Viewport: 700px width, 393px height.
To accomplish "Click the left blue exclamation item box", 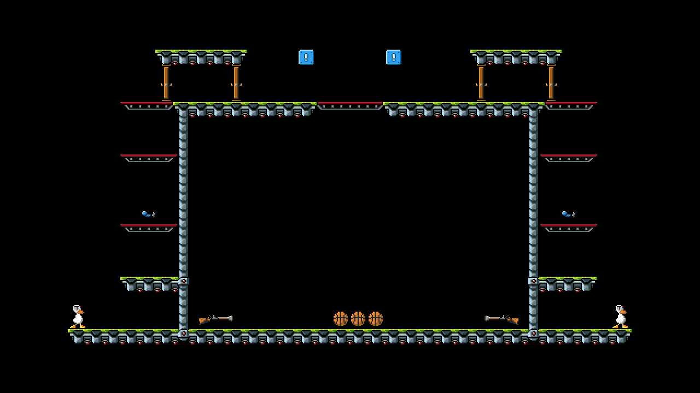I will click(306, 57).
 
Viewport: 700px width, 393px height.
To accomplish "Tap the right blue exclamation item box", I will click(394, 57).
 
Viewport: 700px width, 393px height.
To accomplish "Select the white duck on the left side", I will click(78, 317).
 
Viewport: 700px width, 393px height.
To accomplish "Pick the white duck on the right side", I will click(620, 317).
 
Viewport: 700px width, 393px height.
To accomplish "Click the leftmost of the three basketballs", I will click(340, 319).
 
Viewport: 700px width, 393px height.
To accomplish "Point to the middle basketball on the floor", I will click(358, 319).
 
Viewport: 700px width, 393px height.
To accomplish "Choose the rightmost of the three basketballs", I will click(375, 319).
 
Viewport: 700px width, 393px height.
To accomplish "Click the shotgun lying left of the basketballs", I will click(215, 319).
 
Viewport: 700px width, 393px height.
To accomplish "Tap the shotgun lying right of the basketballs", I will click(501, 319).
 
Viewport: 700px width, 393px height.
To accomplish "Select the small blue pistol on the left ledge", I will click(148, 215).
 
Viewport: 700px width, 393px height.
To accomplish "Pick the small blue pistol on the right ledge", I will click(568, 215).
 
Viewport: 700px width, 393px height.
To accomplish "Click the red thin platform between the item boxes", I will click(350, 105).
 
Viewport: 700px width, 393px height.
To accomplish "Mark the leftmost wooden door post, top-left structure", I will click(166, 83).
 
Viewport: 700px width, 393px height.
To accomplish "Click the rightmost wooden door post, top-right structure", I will click(551, 83).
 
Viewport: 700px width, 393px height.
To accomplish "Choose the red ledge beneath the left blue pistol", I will click(149, 227).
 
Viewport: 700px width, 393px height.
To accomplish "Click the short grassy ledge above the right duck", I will click(568, 283).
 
